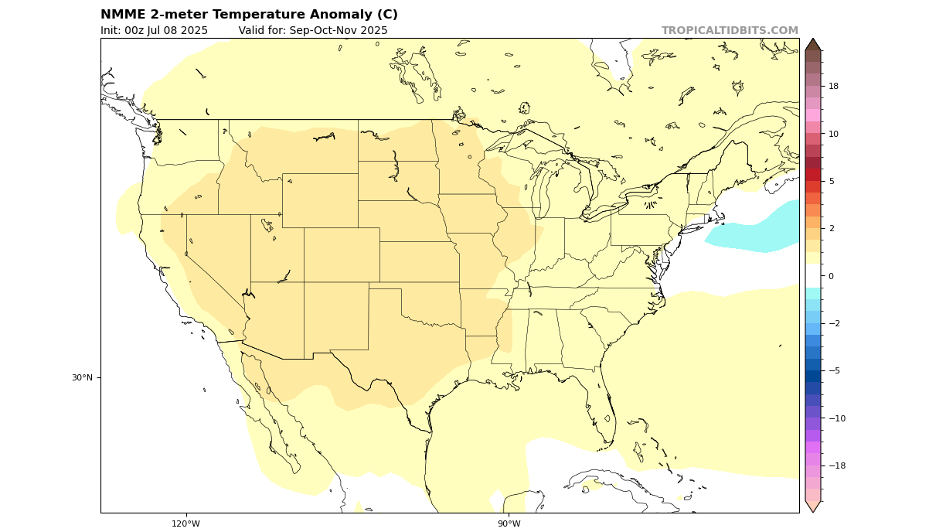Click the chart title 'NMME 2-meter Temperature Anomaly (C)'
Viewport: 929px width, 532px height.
pyautogui.click(x=249, y=15)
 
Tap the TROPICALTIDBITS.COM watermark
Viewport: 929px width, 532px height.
pyautogui.click(x=729, y=31)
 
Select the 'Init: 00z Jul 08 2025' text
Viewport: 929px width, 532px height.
pyautogui.click(x=154, y=31)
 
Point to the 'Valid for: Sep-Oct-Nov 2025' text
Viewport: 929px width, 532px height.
pyautogui.click(x=313, y=31)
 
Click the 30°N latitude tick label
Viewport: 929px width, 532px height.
pyautogui.click(x=82, y=377)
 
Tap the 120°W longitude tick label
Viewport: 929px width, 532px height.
pyautogui.click(x=185, y=523)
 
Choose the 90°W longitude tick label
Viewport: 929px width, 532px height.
pyautogui.click(x=509, y=523)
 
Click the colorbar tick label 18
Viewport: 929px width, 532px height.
pyautogui.click(x=833, y=86)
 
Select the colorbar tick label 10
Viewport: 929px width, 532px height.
pyautogui.click(x=833, y=134)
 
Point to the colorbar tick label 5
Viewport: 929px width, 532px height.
pyautogui.click(x=831, y=181)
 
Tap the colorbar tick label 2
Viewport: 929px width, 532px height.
pyautogui.click(x=831, y=228)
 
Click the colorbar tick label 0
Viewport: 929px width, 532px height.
pyautogui.click(x=831, y=276)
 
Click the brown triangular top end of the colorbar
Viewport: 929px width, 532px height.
pyautogui.click(x=812, y=46)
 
